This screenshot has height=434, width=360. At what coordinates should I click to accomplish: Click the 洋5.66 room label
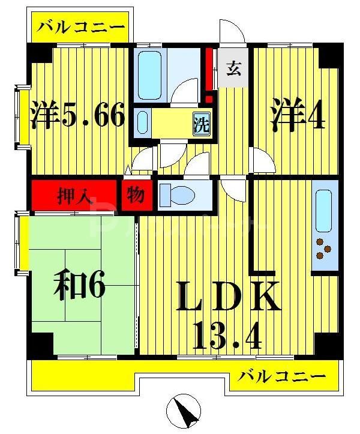pos(79,115)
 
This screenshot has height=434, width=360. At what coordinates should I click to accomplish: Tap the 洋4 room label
pos(298,116)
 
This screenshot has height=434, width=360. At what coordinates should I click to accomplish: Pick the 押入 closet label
pos(74,196)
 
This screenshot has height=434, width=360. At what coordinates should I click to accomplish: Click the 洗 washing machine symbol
pos(202,125)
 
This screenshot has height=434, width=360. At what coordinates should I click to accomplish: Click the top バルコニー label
pos(82,28)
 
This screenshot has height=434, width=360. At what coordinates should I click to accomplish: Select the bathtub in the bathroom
pos(148,75)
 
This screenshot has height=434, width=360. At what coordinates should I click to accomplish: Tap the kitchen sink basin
pos(324,212)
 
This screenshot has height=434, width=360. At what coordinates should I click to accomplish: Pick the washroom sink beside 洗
pos(142,122)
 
